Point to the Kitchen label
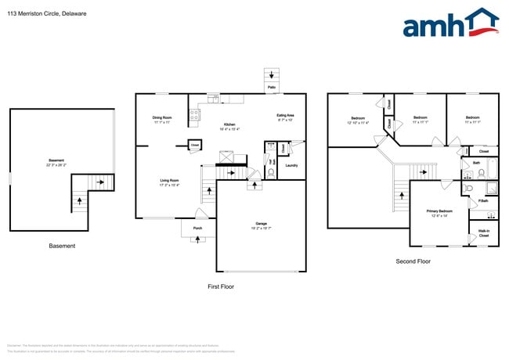point(229,125)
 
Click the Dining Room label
point(162,118)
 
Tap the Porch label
point(197,229)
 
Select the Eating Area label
point(284,117)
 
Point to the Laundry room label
point(291,165)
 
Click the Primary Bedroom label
point(439,211)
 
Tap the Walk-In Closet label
point(483,232)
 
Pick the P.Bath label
point(483,201)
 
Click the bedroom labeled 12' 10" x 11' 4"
point(358,120)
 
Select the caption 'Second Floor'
point(413,262)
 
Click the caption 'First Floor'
point(220,286)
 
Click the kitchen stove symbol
point(193,117)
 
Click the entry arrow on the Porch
point(197,239)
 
